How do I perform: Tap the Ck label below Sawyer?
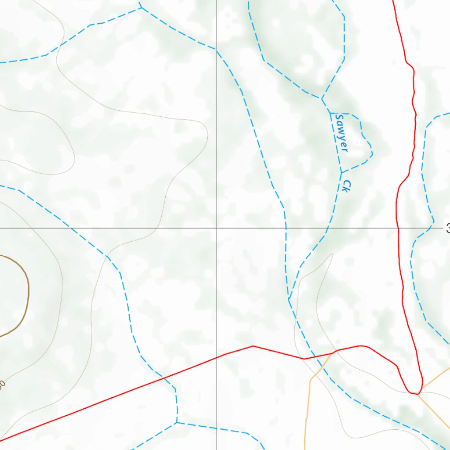click(x=345, y=186)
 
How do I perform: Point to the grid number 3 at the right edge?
click(x=447, y=229)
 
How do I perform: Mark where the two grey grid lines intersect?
click(x=217, y=229)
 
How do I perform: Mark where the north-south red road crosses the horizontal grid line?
click(x=398, y=229)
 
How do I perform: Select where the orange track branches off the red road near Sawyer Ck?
click(x=332, y=352)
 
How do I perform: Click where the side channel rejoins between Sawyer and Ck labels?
click(x=341, y=172)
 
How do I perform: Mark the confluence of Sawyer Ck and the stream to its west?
click(x=289, y=299)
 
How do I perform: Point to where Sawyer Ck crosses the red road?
click(x=314, y=357)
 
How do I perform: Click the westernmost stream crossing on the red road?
click(x=164, y=377)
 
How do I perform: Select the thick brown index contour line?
click(x=26, y=290)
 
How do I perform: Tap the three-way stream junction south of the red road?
click(x=177, y=423)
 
